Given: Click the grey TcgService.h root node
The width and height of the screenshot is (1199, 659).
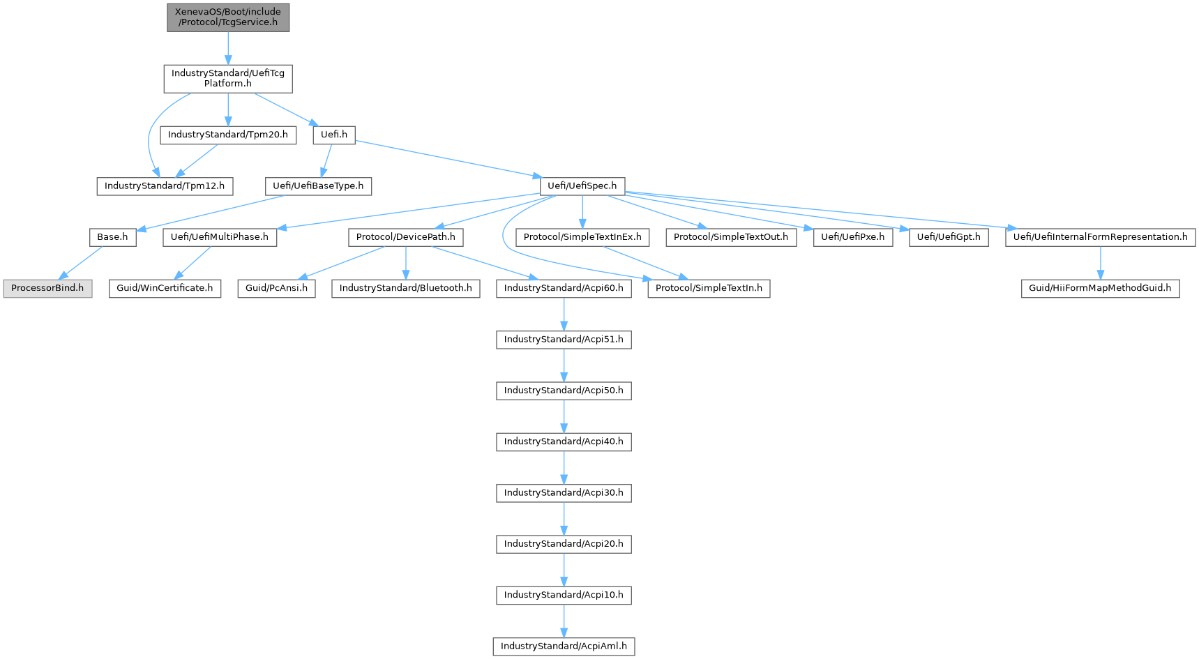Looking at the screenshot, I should tap(227, 17).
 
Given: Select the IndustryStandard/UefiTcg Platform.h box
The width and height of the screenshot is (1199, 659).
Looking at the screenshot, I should tap(227, 78).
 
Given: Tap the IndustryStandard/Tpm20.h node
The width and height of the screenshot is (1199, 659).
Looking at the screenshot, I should tap(227, 135).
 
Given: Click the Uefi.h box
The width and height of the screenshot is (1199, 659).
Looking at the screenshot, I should tap(333, 135).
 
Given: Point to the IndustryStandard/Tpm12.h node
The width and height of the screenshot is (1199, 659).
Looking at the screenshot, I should tap(165, 186).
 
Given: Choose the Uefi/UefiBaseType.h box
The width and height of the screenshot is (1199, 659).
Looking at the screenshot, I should tap(318, 186).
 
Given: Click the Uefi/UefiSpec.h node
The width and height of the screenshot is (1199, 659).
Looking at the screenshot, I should tap(582, 186).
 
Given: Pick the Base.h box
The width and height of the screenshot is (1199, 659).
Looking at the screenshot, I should tap(112, 237).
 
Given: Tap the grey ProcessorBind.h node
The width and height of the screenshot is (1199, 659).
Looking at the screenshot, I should tap(47, 288).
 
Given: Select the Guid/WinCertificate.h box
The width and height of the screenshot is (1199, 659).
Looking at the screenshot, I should tap(165, 288).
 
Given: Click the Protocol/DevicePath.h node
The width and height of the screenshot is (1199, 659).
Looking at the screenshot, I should tap(405, 237).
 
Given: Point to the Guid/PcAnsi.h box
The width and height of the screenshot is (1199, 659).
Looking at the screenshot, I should tap(276, 288).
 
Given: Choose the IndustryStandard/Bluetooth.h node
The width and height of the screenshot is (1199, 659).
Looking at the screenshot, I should tap(405, 288).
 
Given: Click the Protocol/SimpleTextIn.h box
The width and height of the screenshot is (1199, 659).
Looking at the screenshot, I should tap(709, 288).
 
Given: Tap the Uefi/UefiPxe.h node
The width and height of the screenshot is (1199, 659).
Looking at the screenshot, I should tap(852, 237).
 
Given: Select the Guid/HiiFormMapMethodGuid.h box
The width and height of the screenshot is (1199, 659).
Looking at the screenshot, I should tap(1100, 288).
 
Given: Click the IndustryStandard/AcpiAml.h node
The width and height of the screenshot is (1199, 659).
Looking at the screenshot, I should tap(564, 646).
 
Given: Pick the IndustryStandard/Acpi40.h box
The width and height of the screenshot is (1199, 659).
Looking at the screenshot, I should tap(564, 441).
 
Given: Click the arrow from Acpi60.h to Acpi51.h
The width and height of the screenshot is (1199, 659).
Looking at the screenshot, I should tap(564, 314).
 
